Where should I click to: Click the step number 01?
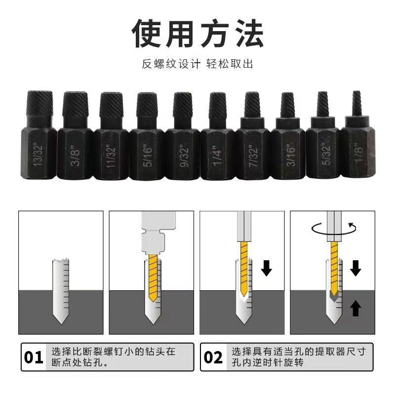coord(34,356)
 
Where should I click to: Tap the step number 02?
coord(213,356)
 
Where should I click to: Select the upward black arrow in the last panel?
coord(355,309)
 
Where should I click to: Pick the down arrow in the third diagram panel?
coord(267,269)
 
